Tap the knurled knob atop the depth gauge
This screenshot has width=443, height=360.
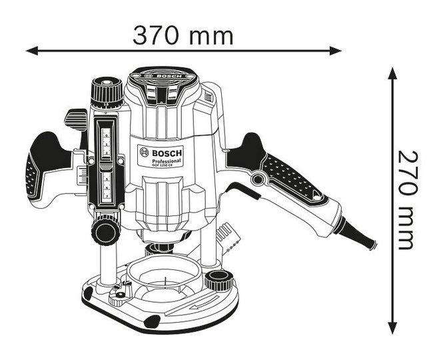107,91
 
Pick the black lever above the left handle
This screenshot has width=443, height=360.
77,121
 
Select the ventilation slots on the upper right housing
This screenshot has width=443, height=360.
209,98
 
